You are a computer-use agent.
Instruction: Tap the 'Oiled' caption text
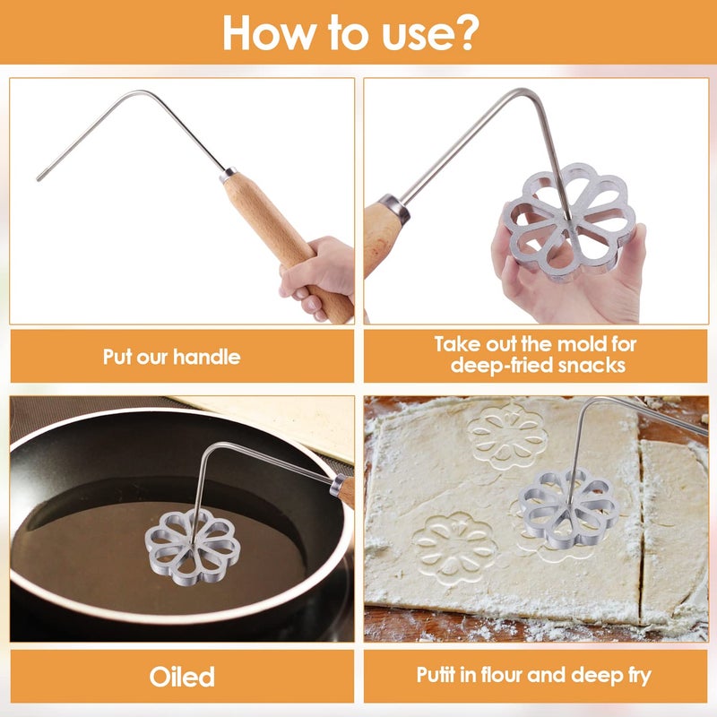tap(182, 677)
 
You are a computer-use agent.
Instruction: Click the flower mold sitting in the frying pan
tap(193, 547)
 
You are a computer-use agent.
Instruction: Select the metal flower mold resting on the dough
tap(568, 507)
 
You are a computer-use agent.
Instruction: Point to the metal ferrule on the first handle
tap(229, 175)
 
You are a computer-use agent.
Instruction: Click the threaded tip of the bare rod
tap(40, 177)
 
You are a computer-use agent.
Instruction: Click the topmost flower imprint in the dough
tap(507, 437)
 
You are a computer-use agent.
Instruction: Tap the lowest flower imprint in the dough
tap(454, 547)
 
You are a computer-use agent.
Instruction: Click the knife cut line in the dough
tap(641, 526)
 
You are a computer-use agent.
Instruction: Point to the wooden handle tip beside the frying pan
tap(343, 491)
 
